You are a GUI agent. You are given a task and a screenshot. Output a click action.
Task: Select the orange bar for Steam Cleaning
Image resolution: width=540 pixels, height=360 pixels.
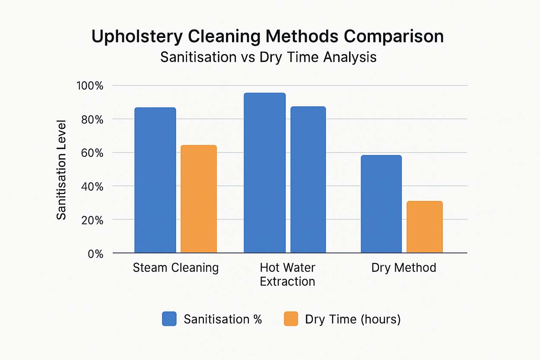point(198,199)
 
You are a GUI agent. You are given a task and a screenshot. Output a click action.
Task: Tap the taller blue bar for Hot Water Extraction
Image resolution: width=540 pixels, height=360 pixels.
point(264,173)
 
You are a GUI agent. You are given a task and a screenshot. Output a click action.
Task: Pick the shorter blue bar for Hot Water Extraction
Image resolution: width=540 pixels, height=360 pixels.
point(308,179)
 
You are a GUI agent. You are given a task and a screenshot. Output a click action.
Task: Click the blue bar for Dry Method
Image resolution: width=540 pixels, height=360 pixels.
point(381,204)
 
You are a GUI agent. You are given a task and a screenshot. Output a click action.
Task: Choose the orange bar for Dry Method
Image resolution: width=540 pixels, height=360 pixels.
point(424,227)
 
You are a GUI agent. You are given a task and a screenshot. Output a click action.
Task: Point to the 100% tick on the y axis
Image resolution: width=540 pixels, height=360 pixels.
point(89,86)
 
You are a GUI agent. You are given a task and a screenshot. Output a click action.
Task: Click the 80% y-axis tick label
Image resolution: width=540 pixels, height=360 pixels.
point(92,120)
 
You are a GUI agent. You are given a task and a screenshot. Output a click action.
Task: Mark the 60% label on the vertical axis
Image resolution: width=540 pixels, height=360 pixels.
point(92,153)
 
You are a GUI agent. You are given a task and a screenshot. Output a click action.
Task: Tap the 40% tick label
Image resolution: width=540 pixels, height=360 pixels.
point(92,187)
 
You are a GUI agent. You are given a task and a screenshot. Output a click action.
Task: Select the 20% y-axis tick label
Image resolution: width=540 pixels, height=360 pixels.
point(92,221)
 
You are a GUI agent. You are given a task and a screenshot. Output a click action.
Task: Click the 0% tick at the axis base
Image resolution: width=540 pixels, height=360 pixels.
point(95,255)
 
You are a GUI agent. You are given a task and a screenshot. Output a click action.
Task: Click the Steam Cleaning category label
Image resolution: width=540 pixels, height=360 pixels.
point(175,268)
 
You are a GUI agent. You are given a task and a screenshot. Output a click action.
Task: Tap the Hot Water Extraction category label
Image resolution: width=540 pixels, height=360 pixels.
point(287,275)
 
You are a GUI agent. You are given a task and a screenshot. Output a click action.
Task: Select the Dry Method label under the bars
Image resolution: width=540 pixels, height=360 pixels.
point(403,268)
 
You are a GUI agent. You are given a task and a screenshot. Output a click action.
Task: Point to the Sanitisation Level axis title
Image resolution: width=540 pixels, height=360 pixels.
point(62,169)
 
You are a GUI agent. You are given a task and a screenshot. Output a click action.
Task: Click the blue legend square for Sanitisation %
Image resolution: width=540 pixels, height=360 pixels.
point(169,319)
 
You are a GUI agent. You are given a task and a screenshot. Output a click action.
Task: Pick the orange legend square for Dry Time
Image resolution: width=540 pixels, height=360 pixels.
point(291,319)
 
